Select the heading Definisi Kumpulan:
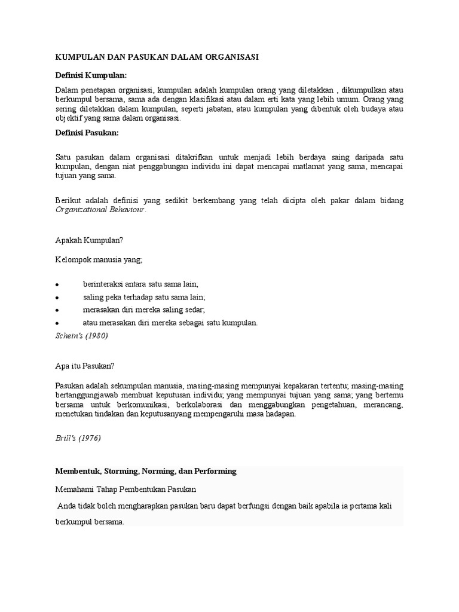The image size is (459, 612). click(x=91, y=75)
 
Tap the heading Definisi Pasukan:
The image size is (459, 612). click(x=87, y=132)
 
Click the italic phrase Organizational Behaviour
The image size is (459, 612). click(x=100, y=210)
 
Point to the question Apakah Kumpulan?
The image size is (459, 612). click(x=88, y=240)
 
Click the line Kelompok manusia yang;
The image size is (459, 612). click(x=99, y=259)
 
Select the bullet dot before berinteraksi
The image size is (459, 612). click(x=56, y=284)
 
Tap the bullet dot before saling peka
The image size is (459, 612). click(x=56, y=298)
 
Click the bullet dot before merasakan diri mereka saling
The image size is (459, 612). click(x=56, y=310)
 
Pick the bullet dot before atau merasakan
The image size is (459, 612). click(x=56, y=323)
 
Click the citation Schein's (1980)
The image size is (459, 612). click(x=81, y=336)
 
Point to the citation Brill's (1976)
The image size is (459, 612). click(x=78, y=438)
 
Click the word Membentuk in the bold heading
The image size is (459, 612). click(x=77, y=471)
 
